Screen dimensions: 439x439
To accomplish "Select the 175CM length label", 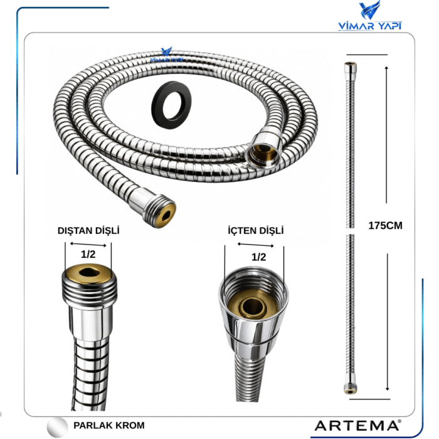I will tap(384, 226).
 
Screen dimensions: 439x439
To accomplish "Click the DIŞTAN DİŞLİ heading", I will tap(88, 231).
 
